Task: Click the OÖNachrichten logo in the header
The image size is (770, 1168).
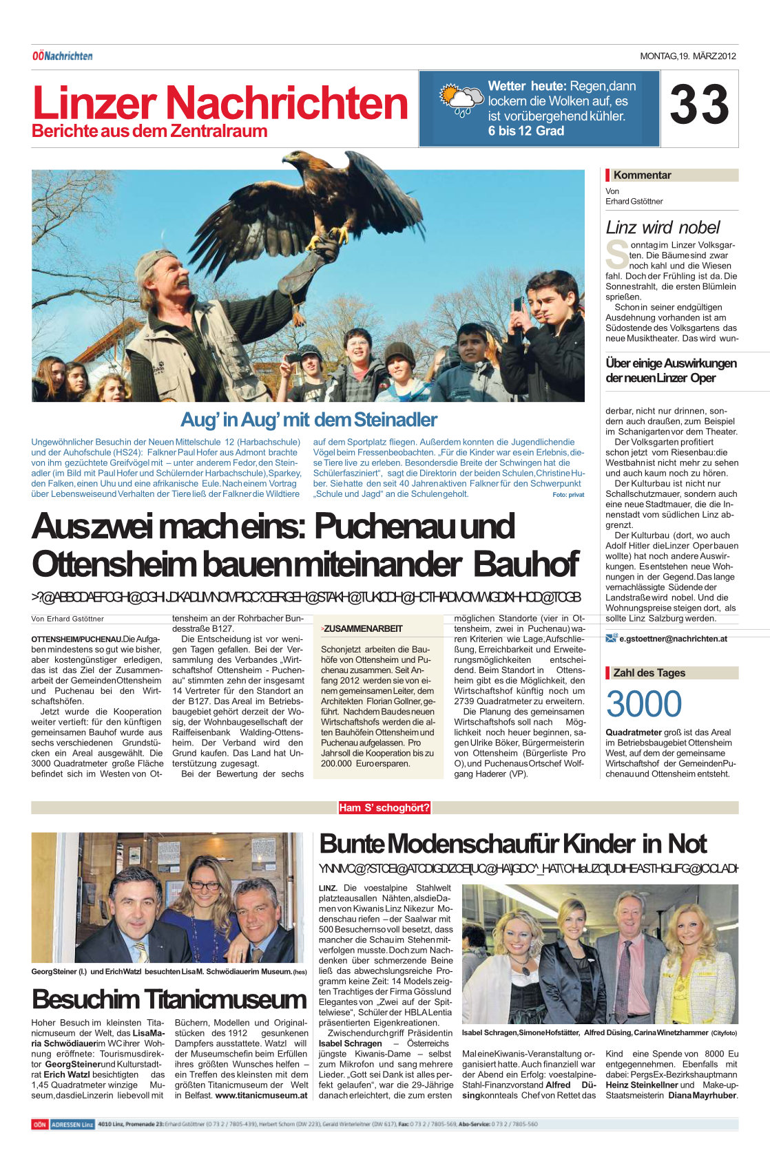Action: click(x=62, y=56)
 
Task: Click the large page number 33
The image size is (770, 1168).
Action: click(x=699, y=105)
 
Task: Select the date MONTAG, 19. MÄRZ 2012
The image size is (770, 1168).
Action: click(x=688, y=56)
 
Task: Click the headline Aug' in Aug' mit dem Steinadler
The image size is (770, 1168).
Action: click(x=309, y=419)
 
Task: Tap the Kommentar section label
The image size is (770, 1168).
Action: click(x=642, y=176)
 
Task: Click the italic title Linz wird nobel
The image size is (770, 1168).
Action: click(x=663, y=227)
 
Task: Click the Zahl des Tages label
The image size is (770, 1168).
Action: click(x=649, y=673)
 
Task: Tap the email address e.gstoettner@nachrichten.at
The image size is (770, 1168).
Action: click(x=673, y=639)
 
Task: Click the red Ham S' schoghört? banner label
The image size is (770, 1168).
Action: click(x=384, y=807)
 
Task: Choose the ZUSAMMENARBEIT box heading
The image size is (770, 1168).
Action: click(x=363, y=628)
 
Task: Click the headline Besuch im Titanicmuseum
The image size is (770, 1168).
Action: click(x=169, y=999)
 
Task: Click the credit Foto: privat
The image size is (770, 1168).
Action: click(x=568, y=495)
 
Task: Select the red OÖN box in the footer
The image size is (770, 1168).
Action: click(x=39, y=1125)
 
